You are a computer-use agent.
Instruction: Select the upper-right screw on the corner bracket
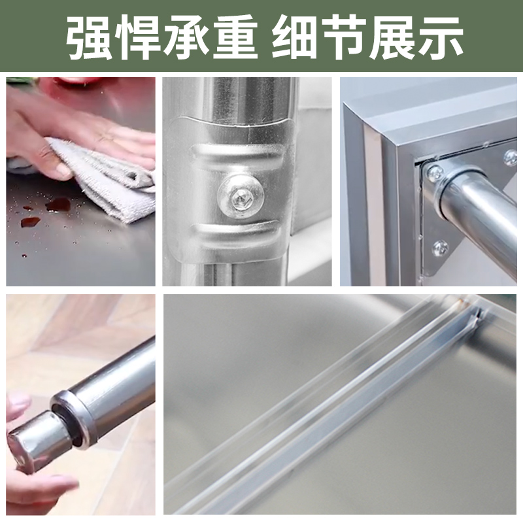510,158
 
